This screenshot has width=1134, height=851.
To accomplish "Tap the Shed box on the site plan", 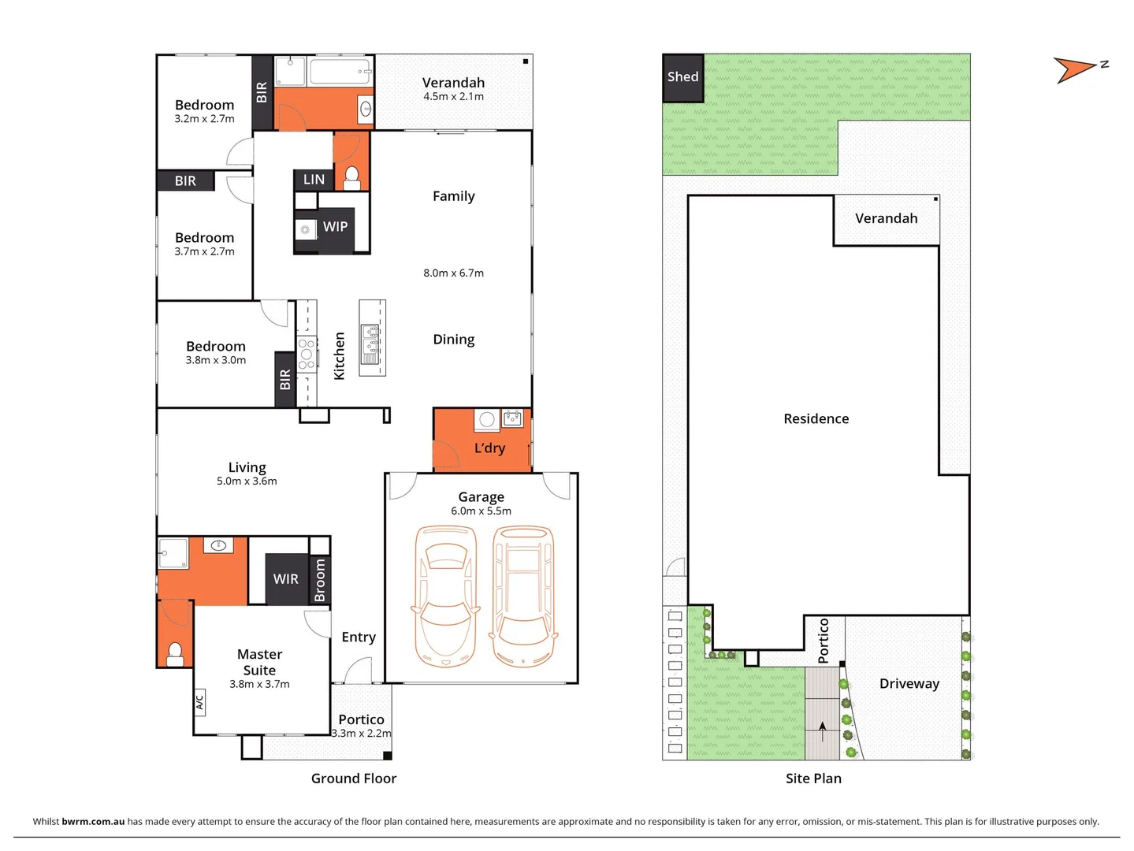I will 682,77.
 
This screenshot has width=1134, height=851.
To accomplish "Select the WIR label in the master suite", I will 285,579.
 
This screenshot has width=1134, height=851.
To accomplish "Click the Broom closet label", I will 320,581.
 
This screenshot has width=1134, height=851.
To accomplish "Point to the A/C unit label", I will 199,701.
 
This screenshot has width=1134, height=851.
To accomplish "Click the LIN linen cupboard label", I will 314,180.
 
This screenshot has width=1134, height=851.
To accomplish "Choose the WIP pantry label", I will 335,227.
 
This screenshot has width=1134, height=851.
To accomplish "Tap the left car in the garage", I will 446,596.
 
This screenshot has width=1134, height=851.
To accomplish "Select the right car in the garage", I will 523,596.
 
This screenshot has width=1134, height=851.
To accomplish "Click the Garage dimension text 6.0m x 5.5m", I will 481,511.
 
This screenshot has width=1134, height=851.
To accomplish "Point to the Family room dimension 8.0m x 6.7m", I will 453,273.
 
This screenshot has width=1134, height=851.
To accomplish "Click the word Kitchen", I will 340,356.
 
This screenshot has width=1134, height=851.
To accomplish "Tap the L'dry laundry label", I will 489,448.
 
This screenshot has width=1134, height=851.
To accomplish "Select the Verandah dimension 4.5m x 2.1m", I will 453,97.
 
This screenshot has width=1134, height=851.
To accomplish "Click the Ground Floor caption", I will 353,779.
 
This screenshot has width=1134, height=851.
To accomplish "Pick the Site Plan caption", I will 813,779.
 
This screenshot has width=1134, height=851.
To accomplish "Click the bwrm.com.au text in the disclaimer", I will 93,821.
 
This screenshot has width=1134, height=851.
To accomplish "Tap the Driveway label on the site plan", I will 909,684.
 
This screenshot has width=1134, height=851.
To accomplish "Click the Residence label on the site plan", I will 816,419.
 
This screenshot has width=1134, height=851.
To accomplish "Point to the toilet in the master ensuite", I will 175,653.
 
